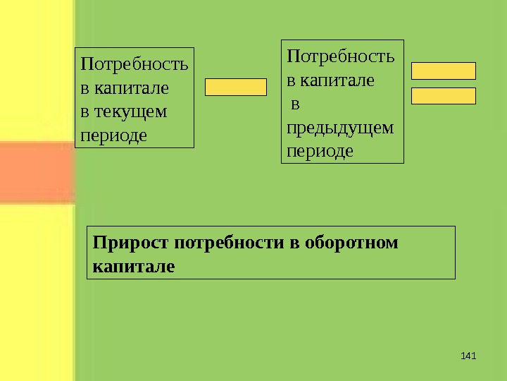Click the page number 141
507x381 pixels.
(468, 353)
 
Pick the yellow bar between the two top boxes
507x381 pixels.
(236, 87)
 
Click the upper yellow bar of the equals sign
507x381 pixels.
(444, 71)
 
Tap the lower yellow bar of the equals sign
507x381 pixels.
(444, 96)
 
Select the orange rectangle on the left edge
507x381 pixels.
(37, 172)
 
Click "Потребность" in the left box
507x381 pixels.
(134, 66)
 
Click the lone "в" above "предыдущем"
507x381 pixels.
(296, 104)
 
